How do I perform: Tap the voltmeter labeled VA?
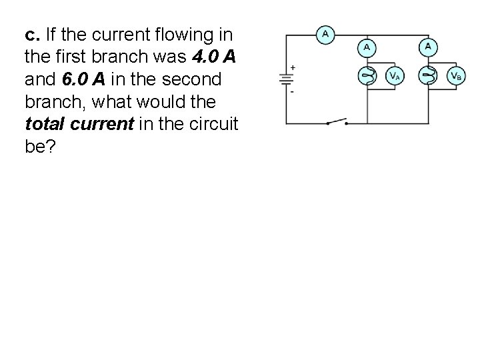point(395,77)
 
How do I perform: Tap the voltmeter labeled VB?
point(456,77)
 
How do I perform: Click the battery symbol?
point(286,79)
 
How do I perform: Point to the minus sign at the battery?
point(293,91)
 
